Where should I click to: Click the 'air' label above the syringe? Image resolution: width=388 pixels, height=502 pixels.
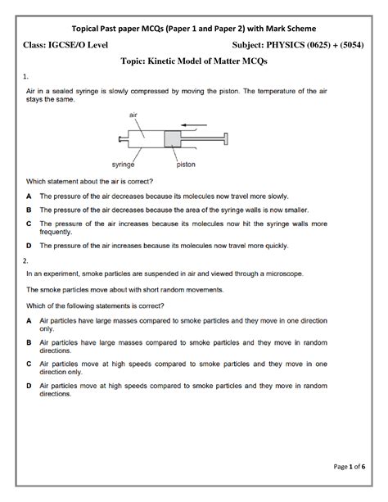tap(133, 116)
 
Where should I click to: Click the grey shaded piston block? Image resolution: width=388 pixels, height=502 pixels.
tap(174, 138)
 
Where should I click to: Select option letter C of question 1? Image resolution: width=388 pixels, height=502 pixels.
tap(29, 223)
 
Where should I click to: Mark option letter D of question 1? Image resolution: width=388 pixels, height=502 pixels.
tap(29, 245)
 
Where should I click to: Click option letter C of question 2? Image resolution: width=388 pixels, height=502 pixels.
tap(29, 365)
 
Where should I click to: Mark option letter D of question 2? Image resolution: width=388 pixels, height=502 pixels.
tap(29, 387)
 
